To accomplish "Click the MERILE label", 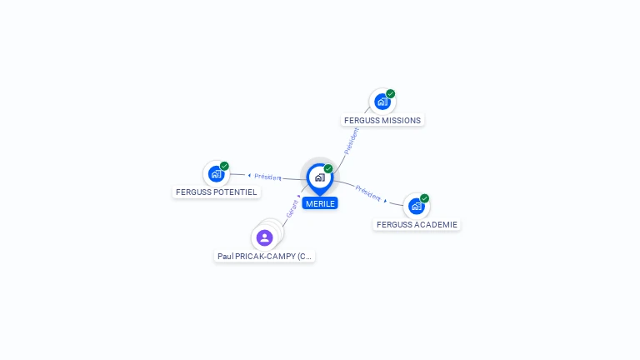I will coord(320,203).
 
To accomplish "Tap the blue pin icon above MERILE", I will coord(319,177).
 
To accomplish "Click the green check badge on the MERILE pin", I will coord(328,169).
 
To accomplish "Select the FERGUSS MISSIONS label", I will coord(382,120).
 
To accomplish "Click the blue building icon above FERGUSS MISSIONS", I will coord(382,102).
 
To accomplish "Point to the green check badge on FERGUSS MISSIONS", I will coord(391,93).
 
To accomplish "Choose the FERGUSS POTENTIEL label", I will coord(217,192).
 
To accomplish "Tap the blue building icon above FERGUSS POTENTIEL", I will coord(216,173).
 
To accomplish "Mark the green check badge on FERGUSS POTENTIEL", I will coord(224,166).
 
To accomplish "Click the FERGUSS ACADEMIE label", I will coord(417,224).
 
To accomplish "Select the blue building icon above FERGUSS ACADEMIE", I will coord(416,206).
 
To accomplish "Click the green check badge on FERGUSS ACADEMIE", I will coord(424,198).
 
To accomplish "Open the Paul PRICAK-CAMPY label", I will coord(265,257).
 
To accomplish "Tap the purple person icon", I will coord(265,238).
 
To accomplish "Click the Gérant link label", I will coord(292,208).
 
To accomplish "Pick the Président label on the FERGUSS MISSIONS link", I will coord(352,140).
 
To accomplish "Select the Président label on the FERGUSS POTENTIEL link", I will coord(267,177).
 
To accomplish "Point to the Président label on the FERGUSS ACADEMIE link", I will coord(367,192).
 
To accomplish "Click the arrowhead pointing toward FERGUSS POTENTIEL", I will coord(249,175).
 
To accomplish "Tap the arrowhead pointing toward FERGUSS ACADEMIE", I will coord(385,201).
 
